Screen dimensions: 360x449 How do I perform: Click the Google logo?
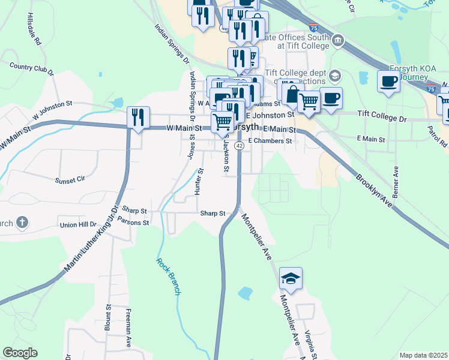[x=20, y=353]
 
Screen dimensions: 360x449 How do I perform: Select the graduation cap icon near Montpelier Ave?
[x=291, y=278]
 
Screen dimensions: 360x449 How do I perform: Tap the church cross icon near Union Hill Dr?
[x=22, y=223]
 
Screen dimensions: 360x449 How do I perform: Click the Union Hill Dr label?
[x=78, y=225]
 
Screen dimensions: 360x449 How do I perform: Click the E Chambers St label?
[x=270, y=141]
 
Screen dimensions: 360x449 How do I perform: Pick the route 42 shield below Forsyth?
[x=239, y=146]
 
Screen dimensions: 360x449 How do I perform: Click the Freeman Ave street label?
[x=128, y=328]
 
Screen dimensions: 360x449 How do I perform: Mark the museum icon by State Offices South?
[x=338, y=41]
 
